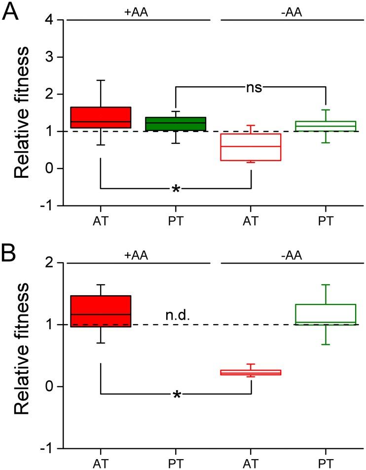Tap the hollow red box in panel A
[x=252, y=147]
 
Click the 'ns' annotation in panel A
[x=254, y=87]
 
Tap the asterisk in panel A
[x=176, y=190]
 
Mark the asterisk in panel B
[x=176, y=395]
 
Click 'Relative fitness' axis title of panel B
[x=24, y=356]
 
